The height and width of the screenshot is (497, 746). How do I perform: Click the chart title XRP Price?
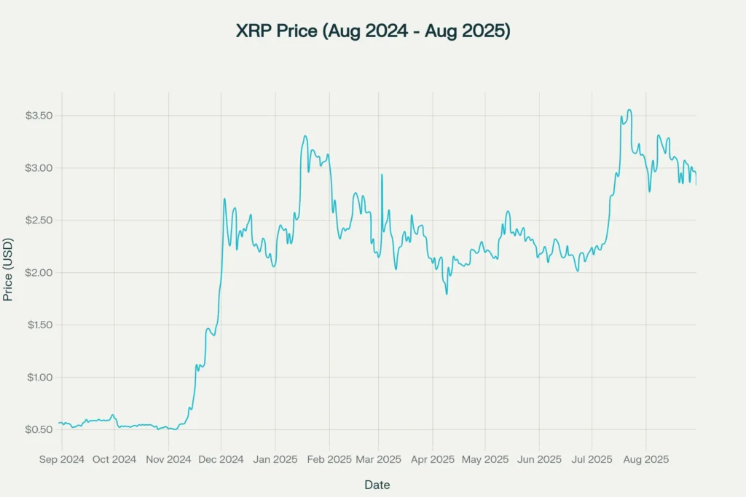372,31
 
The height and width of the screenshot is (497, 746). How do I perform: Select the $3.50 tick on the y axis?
39,116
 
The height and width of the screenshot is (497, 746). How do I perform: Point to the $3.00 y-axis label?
39,168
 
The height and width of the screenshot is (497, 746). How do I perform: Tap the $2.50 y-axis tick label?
39,220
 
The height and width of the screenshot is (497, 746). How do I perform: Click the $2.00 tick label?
39,273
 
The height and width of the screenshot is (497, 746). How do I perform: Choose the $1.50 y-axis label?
39,325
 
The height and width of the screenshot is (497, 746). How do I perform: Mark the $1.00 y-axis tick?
39,378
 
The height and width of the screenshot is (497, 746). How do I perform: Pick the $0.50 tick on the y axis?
39,430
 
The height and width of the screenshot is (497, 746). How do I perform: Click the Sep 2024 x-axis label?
61,459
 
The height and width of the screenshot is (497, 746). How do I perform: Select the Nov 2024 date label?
168,459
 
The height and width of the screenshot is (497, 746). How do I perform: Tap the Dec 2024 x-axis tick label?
221,459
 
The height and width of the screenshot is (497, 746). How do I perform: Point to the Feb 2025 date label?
329,459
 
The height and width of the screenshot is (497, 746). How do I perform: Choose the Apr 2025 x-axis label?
432,459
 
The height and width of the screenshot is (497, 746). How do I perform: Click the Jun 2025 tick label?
539,459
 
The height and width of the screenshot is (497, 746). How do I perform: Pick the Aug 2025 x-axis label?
645,459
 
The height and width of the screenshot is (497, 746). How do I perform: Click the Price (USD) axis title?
8,269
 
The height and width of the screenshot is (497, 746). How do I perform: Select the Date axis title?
377,485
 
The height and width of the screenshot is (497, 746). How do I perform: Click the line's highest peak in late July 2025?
629,110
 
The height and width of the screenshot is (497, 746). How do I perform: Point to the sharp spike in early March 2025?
381,175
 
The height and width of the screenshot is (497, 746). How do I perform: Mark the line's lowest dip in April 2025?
447,293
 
